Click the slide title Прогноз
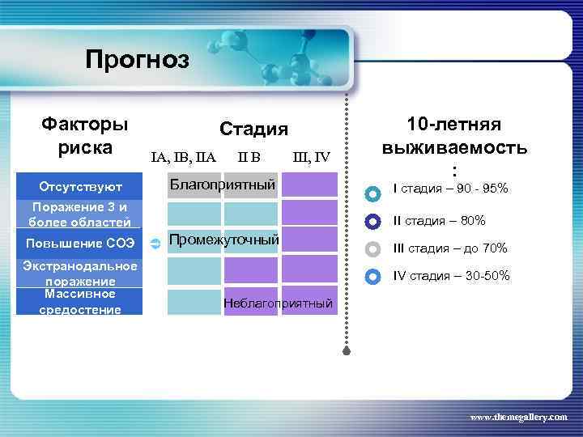click(x=137, y=60)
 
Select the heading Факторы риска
click(x=85, y=137)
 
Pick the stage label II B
click(x=249, y=156)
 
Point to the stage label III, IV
click(x=310, y=156)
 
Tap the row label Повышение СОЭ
click(x=79, y=243)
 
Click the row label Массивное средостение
click(x=79, y=301)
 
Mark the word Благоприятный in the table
click(x=222, y=185)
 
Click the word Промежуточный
click(x=224, y=240)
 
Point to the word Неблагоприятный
click(x=278, y=303)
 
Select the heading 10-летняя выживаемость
click(x=454, y=137)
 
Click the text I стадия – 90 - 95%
click(x=450, y=189)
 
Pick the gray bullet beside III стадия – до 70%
click(x=372, y=248)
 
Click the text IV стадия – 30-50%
click(x=451, y=276)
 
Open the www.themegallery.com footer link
click(x=519, y=416)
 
